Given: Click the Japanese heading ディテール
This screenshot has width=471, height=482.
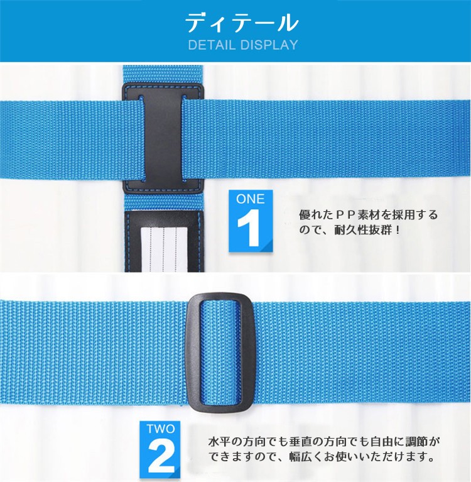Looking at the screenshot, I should [241, 23].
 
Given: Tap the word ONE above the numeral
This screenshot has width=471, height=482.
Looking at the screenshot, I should [250, 199].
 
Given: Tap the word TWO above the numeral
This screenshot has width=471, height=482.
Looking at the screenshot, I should [161, 430].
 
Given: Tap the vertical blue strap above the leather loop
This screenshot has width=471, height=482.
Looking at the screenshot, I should [163, 74].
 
